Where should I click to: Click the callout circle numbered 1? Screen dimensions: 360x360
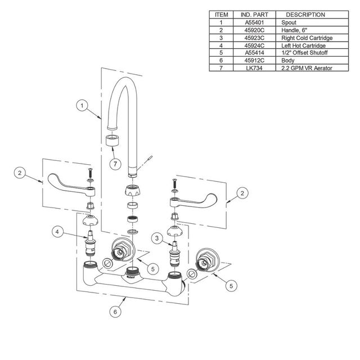coord(82,106)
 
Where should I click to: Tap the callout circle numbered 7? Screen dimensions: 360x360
coord(115,164)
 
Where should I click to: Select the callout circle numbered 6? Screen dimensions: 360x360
coord(115,312)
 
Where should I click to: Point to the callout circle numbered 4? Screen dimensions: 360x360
coord(57,232)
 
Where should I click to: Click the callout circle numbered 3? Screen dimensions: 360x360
coord(157,238)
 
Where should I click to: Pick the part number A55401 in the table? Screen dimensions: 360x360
coord(254,22)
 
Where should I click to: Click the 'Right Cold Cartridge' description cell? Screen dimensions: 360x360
coord(307,38)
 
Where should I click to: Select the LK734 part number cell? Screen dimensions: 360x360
coord(254,68)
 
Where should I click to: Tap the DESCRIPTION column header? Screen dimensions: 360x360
coord(305,15)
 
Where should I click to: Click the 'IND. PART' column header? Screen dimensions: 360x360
coord(254,15)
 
